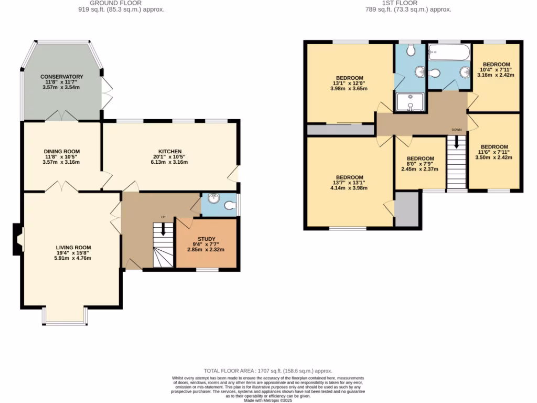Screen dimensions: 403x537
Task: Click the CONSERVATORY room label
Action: [62, 77]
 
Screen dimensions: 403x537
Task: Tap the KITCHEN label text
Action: [170, 151]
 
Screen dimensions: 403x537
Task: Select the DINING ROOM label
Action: [62, 151]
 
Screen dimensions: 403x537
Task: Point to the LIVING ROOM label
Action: [74, 247]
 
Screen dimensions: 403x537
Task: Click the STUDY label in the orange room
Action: [206, 239]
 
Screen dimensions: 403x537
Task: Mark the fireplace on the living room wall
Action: [18, 240]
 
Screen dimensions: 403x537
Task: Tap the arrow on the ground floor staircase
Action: [163, 229]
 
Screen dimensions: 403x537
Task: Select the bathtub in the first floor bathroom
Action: [449, 51]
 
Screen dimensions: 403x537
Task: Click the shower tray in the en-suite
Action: [410, 102]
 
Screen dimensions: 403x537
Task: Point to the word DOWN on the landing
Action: [457, 129]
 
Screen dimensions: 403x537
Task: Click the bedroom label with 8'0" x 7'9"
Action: [420, 158]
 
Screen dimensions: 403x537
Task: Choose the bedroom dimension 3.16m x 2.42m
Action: [496, 75]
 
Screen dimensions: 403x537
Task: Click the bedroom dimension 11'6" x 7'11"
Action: [495, 152]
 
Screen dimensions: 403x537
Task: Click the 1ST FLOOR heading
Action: [408, 3]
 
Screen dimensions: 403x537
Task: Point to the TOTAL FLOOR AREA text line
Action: [268, 371]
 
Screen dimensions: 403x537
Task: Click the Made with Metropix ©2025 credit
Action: [268, 400]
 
